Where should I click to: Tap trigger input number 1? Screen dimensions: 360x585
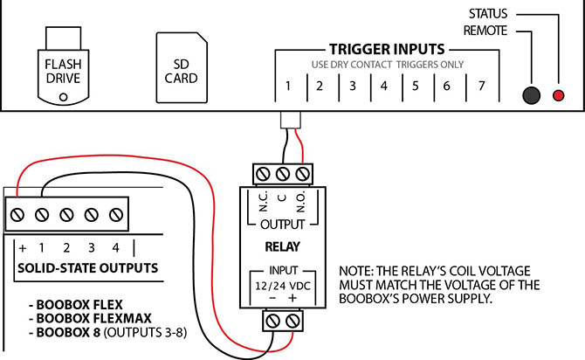[287, 87]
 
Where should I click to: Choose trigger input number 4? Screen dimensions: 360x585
[383, 87]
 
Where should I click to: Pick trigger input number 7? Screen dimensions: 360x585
[479, 87]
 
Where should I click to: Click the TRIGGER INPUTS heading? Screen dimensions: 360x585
[387, 49]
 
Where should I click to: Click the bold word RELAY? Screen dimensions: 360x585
[282, 246]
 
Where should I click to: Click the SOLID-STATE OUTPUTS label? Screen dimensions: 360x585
[87, 267]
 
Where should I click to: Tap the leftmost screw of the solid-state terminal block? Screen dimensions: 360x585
[19, 212]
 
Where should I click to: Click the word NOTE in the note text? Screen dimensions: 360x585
[361, 272]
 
